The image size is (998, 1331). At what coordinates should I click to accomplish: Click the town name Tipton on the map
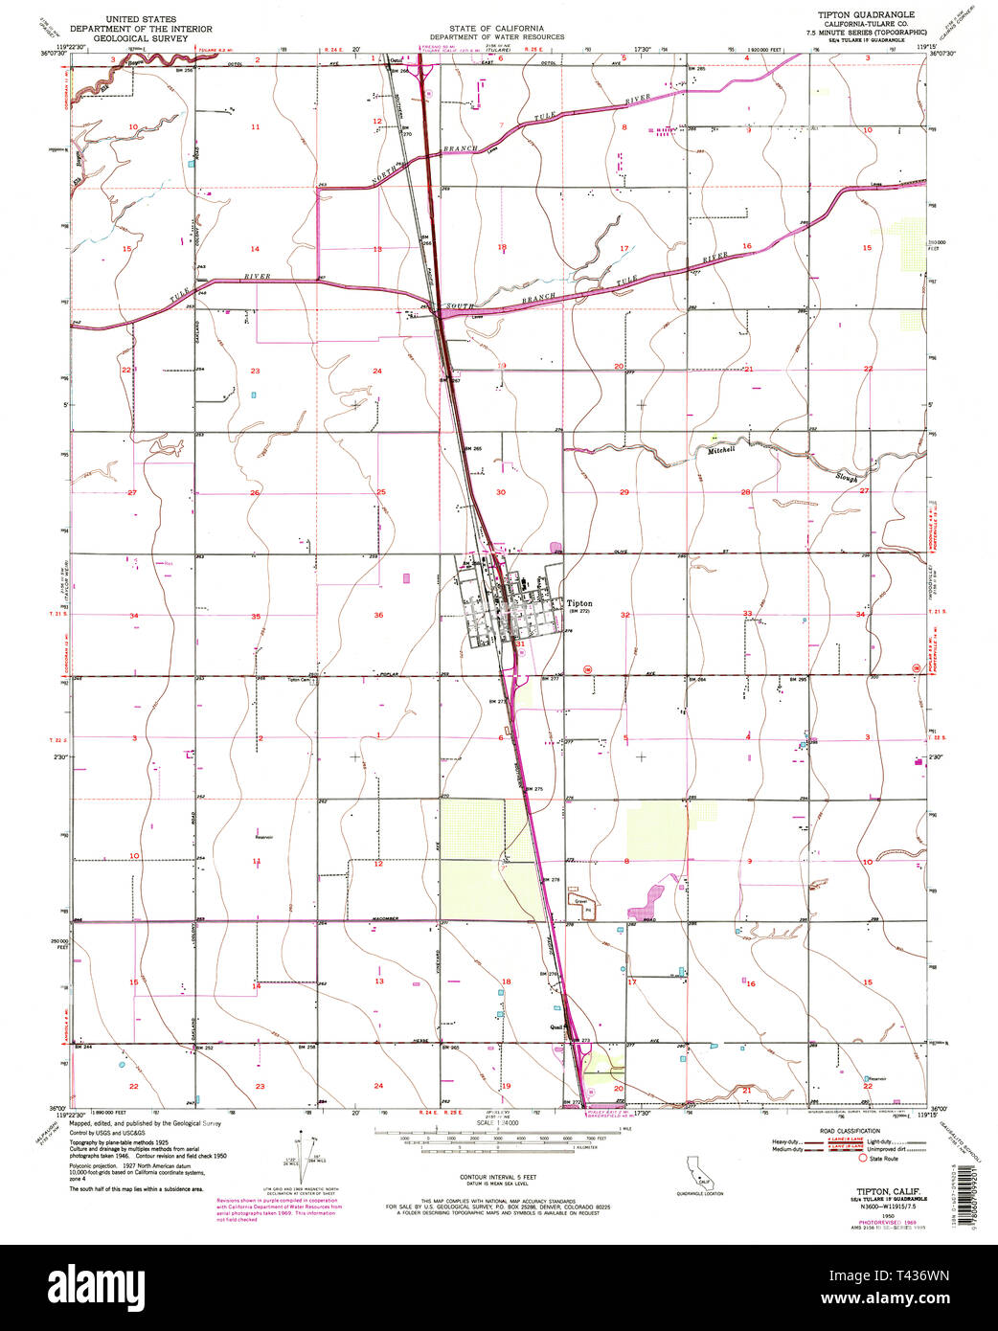coord(580,604)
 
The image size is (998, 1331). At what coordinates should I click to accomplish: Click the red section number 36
coord(378,615)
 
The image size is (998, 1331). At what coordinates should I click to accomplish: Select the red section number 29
coord(624,492)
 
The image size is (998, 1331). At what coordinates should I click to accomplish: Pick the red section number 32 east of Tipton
coord(625,615)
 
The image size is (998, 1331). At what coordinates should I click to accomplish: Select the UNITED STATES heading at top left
coord(133,17)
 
